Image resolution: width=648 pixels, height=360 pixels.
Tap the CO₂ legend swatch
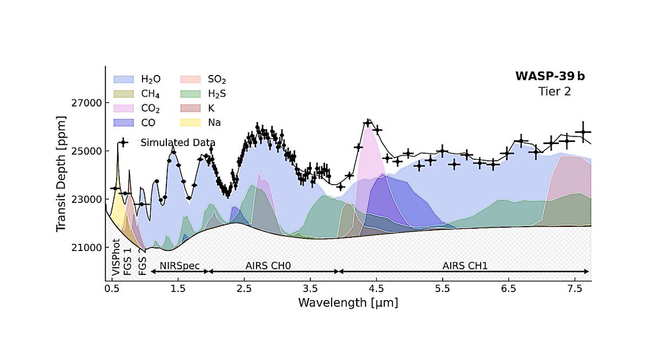coord(122,108)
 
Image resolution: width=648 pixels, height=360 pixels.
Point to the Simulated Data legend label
coord(178,142)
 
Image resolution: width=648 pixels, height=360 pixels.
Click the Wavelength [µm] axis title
coord(348,303)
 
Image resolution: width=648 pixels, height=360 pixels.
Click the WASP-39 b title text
coord(550,76)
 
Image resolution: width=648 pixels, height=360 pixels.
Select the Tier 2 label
coord(554,92)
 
